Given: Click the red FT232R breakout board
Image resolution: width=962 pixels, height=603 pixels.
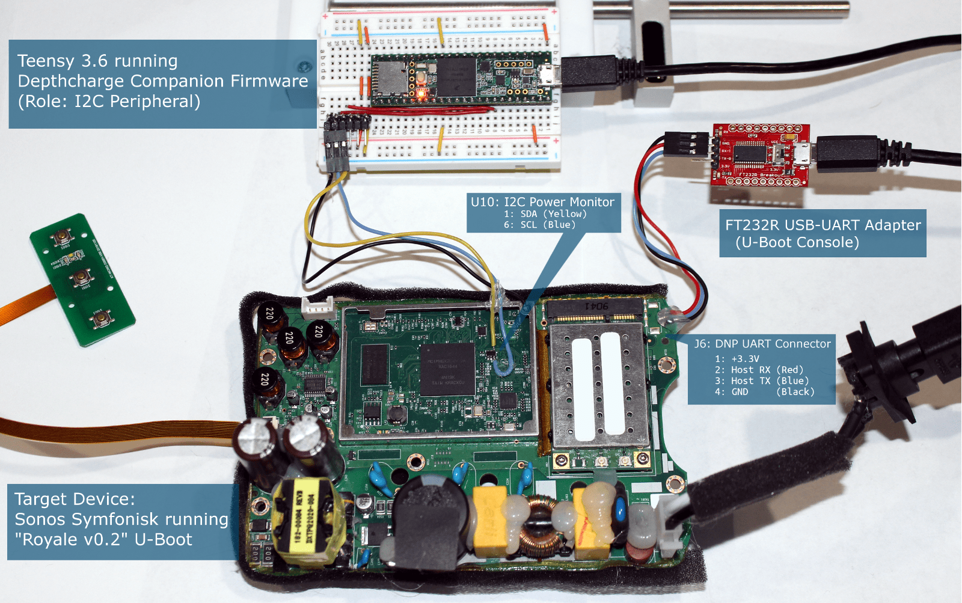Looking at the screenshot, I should coord(761,155).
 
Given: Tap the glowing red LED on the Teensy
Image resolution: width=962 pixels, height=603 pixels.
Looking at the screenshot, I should coord(421,93).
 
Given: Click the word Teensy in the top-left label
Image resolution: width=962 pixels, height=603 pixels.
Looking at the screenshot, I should coord(46,61).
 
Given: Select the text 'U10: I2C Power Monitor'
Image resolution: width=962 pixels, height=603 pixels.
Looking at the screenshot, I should coord(542,202).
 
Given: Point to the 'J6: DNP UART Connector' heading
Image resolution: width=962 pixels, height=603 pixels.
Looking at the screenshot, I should coord(762,344).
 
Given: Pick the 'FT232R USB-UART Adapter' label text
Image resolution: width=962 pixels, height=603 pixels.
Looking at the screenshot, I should coord(823,225).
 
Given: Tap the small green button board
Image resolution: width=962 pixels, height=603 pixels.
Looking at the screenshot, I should coord(82,279).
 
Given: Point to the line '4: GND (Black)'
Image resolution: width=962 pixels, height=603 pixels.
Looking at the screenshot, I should coord(764,392).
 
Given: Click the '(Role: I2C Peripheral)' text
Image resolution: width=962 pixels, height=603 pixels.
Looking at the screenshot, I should coord(109,101).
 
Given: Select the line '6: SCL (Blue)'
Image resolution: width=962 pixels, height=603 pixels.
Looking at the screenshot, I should coord(539,225).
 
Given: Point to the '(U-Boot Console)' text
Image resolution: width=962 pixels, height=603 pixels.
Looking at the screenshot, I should coord(797,242).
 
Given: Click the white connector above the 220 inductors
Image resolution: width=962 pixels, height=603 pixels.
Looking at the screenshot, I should coord(318,308).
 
